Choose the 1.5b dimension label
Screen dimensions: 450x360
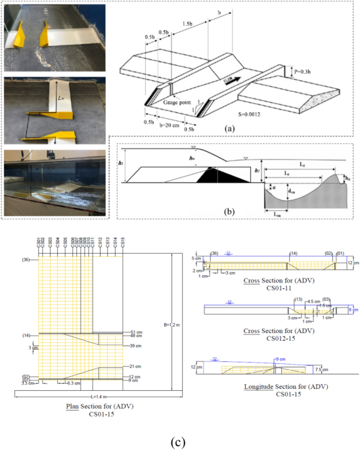click(187, 23)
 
